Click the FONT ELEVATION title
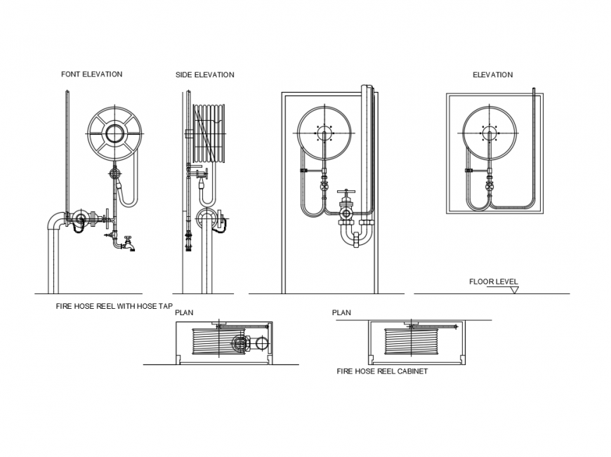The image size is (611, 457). [x=91, y=74]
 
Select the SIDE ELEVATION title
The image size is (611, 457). [x=204, y=75]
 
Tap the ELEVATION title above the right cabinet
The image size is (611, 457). [x=492, y=75]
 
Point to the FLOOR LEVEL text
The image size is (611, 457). [x=493, y=282]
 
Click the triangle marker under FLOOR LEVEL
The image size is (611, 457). [x=514, y=289]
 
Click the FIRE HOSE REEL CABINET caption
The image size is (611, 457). [x=381, y=371]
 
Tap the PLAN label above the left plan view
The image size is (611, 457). [x=184, y=312]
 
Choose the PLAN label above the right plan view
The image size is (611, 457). [x=341, y=312]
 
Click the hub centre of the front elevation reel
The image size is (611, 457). [x=114, y=133]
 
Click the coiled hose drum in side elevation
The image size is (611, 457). [x=210, y=133]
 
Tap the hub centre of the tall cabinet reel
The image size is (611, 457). [x=324, y=133]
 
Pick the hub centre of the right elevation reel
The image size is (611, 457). [x=489, y=133]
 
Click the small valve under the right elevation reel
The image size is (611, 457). [x=489, y=186]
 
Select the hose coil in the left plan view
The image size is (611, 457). [x=216, y=345]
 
